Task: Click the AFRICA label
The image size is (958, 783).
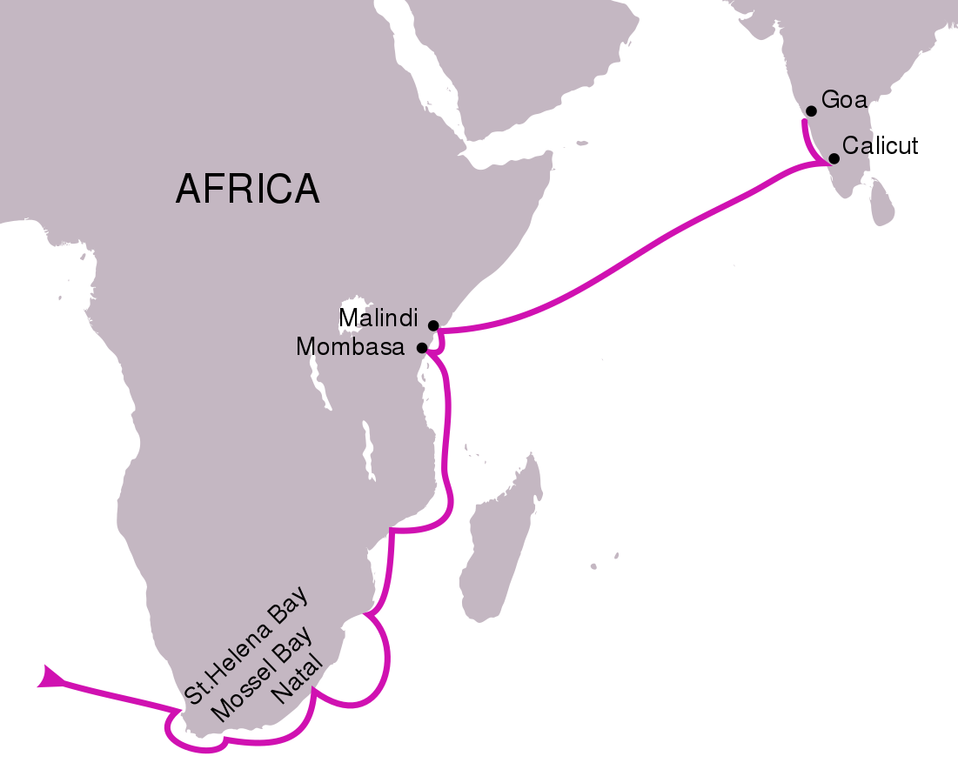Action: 247,189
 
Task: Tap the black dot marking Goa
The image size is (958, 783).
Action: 811,111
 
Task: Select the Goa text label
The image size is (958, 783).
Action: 845,100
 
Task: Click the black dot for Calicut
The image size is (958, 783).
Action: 834,158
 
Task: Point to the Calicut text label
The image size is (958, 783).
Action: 880,145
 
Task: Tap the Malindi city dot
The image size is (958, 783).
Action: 433,325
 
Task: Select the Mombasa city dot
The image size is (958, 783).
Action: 422,348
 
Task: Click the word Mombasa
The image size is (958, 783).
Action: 351,348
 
